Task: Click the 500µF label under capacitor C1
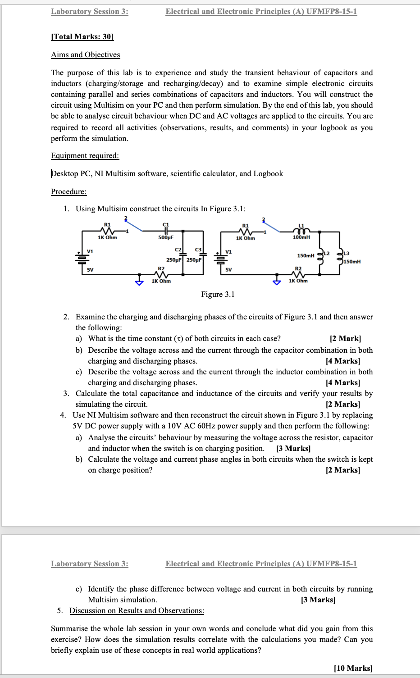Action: (x=166, y=237)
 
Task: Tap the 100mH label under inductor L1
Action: (x=301, y=237)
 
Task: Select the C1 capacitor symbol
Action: (x=166, y=231)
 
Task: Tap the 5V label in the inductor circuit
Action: (x=228, y=269)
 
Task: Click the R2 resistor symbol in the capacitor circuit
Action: (x=161, y=274)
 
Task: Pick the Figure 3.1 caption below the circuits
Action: (x=218, y=294)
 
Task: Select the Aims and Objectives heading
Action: (x=86, y=55)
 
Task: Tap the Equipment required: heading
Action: (x=85, y=155)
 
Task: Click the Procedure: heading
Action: (x=68, y=191)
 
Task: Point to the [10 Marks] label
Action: (x=353, y=668)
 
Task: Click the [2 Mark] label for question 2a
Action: (x=345, y=338)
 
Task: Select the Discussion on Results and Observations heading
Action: (x=137, y=610)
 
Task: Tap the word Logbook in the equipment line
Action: (x=268, y=173)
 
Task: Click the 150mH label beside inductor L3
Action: (x=352, y=261)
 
